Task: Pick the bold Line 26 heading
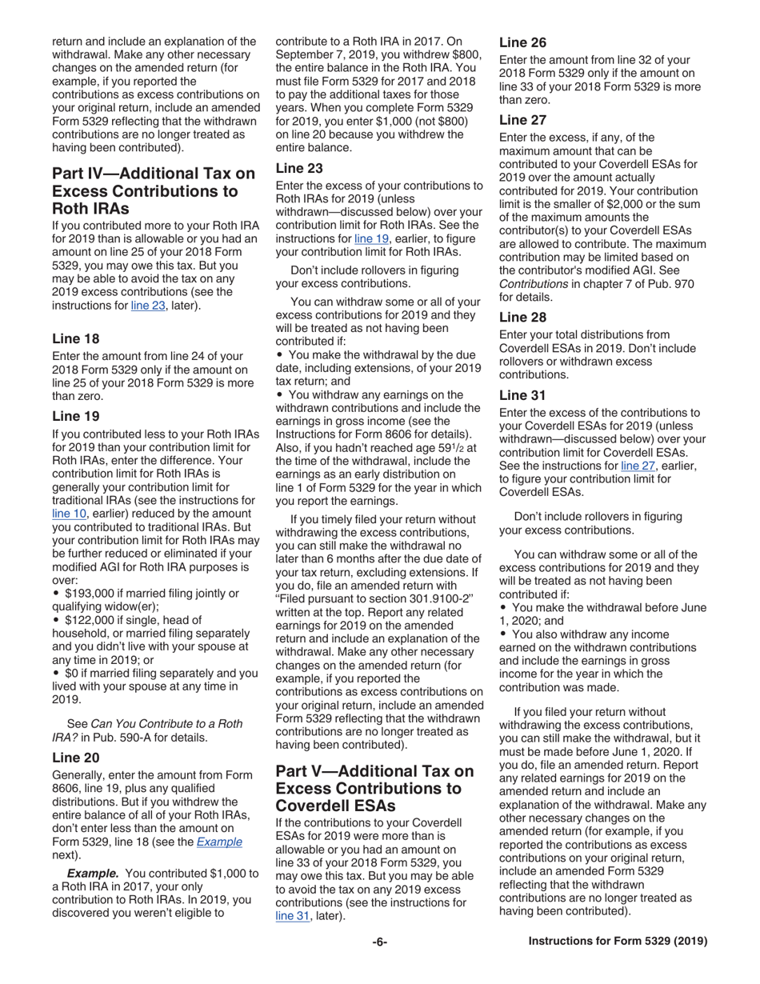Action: (x=523, y=42)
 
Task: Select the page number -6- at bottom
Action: (x=380, y=942)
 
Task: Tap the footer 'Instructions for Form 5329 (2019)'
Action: (x=618, y=942)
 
